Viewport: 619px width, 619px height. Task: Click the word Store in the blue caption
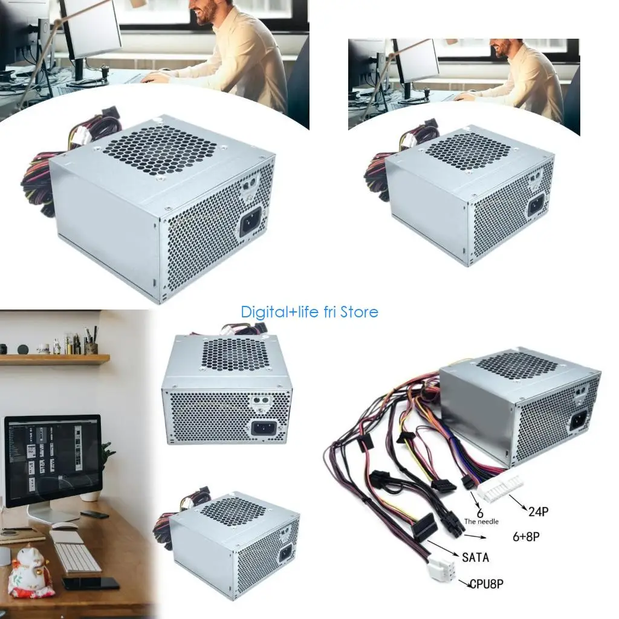[359, 313]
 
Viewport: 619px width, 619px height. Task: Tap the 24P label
[539, 511]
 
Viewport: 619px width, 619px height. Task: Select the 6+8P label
[526, 537]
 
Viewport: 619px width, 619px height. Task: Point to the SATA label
[475, 557]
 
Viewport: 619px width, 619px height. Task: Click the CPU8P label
[487, 584]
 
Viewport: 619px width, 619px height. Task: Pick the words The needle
[481, 522]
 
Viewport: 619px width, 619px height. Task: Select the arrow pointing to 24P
[517, 502]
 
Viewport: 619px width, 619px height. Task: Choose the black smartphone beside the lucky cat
[91, 583]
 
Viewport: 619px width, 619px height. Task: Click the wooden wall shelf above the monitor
[54, 359]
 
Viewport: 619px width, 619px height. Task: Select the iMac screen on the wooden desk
[53, 461]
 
